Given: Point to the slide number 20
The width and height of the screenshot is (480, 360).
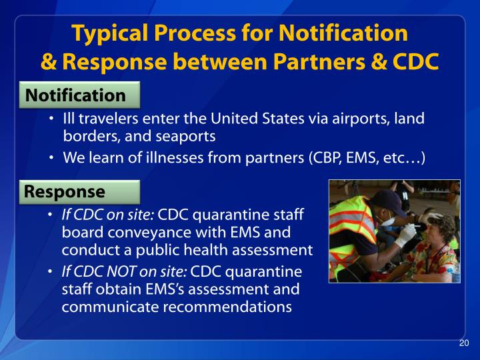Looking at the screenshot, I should tap(465, 343).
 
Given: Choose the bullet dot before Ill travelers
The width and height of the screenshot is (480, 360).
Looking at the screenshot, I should tap(52, 121).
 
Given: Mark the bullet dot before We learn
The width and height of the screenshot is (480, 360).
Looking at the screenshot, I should tap(52, 159).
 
